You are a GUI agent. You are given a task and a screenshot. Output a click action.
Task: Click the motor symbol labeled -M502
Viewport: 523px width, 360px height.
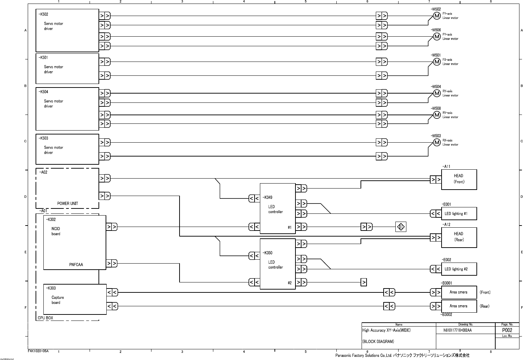(437, 16)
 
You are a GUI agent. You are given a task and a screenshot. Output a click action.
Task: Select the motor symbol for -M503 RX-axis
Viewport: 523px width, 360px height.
(437, 143)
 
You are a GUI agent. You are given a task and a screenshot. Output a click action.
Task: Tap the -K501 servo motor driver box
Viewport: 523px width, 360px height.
(67, 68)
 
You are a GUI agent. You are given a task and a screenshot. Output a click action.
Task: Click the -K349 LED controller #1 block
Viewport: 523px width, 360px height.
(277, 208)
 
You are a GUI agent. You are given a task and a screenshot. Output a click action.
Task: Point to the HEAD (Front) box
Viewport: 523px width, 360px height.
(459, 179)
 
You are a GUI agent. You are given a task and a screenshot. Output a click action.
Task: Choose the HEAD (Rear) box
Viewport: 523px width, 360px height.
(459, 237)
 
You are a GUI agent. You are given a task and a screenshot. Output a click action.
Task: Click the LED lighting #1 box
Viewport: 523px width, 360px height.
(459, 214)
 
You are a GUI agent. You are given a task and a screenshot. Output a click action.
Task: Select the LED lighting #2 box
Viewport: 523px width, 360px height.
(459, 269)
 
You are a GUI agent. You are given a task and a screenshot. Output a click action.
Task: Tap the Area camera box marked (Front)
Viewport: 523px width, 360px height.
(459, 292)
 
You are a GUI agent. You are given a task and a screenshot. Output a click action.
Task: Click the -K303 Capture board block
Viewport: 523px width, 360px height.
(75, 299)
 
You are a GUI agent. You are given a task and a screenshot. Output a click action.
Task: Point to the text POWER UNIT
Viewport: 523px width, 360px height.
(68, 203)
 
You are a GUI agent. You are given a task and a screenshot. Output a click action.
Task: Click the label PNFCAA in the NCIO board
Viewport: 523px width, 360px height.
(76, 265)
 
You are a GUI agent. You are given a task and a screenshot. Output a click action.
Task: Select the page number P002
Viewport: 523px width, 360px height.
(507, 330)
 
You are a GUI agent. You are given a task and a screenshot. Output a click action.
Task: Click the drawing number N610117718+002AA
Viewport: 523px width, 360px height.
(458, 330)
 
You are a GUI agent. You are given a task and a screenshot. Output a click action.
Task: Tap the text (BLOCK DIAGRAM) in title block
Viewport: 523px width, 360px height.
(378, 342)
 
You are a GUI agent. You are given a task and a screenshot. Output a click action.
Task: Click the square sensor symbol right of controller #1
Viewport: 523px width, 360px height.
(401, 227)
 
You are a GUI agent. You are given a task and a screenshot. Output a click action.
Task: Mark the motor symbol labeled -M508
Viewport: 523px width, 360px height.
(437, 115)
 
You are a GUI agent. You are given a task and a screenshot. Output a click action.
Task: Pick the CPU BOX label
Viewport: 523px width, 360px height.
(45, 318)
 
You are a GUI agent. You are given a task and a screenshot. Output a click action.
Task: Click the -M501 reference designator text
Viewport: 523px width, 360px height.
(436, 55)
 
